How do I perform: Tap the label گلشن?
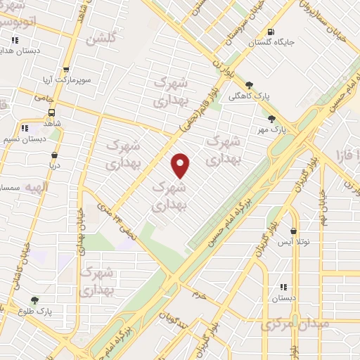[x=101, y=39]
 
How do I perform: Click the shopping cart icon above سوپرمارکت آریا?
[x=66, y=70]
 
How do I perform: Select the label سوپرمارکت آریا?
[x=65, y=79]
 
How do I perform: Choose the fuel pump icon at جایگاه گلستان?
[x=271, y=32]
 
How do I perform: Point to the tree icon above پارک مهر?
[x=271, y=119]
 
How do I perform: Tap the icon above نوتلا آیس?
[x=292, y=231]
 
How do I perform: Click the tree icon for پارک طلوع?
[x=34, y=300]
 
